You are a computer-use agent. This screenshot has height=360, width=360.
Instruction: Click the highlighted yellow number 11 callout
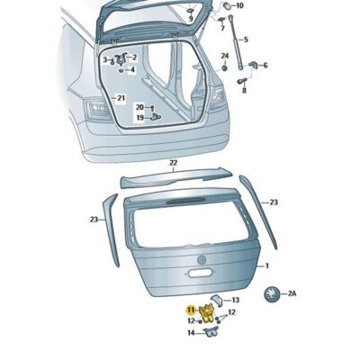point(191,309)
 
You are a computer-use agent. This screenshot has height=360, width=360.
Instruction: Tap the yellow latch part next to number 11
point(206,312)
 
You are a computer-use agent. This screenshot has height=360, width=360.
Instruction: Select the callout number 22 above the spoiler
point(173,164)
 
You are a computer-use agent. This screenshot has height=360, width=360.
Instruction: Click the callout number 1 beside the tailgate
point(265,265)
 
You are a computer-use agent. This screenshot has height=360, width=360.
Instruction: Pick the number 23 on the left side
point(93,218)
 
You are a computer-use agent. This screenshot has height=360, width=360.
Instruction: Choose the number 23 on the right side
point(274,202)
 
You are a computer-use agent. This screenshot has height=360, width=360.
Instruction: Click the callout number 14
point(191,333)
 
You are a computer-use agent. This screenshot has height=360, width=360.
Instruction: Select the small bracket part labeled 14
point(211,332)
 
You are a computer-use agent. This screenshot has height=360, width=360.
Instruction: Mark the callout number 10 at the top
point(239,5)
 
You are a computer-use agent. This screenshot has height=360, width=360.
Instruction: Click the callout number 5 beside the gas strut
point(246,40)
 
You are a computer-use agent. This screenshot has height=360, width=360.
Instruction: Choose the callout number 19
point(140,117)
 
